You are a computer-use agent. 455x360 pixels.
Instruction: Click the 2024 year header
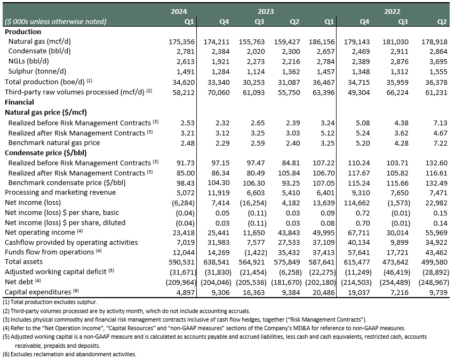click(x=179, y=11)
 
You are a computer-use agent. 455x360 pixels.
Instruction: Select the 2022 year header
click(x=392, y=11)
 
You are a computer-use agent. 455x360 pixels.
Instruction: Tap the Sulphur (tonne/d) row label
click(x=37, y=71)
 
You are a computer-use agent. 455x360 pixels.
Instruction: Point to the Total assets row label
click(x=23, y=262)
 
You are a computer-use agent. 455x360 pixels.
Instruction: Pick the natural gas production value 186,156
click(x=322, y=42)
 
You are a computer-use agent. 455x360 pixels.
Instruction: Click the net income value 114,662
click(x=357, y=203)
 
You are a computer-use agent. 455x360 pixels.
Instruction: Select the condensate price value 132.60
click(x=436, y=163)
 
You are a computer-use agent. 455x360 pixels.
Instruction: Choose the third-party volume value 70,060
click(x=219, y=93)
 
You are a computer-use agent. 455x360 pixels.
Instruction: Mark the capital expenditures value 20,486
click(x=324, y=293)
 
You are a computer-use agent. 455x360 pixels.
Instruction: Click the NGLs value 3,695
click(x=438, y=62)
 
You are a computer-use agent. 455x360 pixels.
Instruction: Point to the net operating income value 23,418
click(x=183, y=233)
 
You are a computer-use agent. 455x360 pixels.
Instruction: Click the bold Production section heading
click(x=23, y=31)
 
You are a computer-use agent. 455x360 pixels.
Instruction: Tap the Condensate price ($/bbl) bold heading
click(x=45, y=153)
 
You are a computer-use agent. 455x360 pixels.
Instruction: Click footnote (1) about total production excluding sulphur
click(x=50, y=302)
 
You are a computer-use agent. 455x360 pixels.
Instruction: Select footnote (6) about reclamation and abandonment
click(x=69, y=354)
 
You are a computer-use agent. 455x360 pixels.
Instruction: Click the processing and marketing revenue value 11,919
click(x=219, y=193)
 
